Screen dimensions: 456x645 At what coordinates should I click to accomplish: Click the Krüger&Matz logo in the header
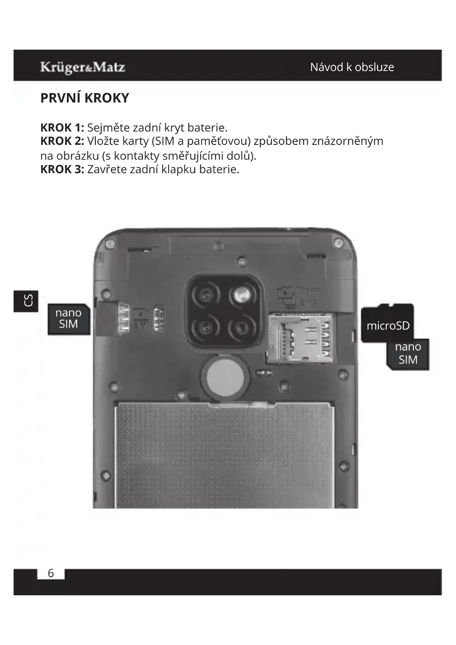pyautogui.click(x=83, y=67)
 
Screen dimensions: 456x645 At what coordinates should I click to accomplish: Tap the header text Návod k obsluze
pyautogui.click(x=352, y=67)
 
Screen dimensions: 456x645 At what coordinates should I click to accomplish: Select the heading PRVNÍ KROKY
pyautogui.click(x=85, y=98)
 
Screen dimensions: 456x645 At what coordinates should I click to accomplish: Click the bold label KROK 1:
pyautogui.click(x=62, y=128)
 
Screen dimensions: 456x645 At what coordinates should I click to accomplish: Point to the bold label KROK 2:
pyautogui.click(x=62, y=141)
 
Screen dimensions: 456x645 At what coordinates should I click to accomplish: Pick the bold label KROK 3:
pyautogui.click(x=62, y=169)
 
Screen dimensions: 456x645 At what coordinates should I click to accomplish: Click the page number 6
pyautogui.click(x=51, y=573)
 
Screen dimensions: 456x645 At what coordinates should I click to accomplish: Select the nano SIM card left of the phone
pyautogui.click(x=69, y=318)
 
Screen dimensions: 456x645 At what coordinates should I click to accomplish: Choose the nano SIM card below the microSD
pyautogui.click(x=408, y=354)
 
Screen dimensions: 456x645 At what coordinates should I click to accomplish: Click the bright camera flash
pyautogui.click(x=241, y=295)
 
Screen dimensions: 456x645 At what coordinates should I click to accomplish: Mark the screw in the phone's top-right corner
pyautogui.click(x=338, y=243)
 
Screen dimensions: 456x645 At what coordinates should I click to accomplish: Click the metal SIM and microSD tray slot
pyautogui.click(x=301, y=338)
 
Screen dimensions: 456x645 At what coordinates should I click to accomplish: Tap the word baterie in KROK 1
pyautogui.click(x=207, y=128)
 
